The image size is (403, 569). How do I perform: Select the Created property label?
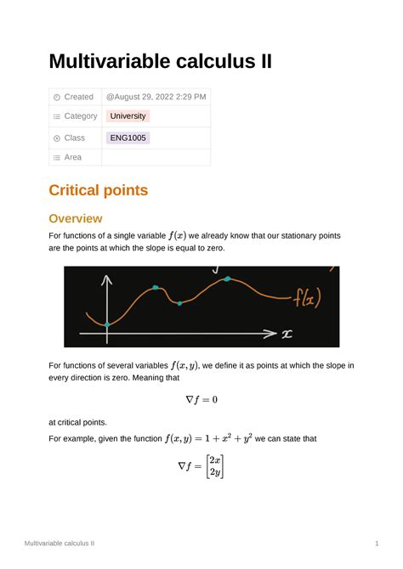pos(79,97)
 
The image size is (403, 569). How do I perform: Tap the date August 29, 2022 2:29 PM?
pos(156,97)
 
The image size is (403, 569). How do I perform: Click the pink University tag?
pos(128,116)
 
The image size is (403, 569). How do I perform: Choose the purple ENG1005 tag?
pos(128,138)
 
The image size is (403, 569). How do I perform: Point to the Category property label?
pos(81,116)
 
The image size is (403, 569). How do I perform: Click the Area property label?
pos(73,157)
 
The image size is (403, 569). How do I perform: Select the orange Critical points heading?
pos(98,190)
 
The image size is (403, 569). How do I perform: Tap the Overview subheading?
pos(76,218)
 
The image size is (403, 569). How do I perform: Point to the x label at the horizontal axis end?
pos(287,334)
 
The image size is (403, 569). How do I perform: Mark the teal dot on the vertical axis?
pos(107,324)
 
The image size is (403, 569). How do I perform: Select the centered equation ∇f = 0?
pos(201,398)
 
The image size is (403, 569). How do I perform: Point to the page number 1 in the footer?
pos(376,542)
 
